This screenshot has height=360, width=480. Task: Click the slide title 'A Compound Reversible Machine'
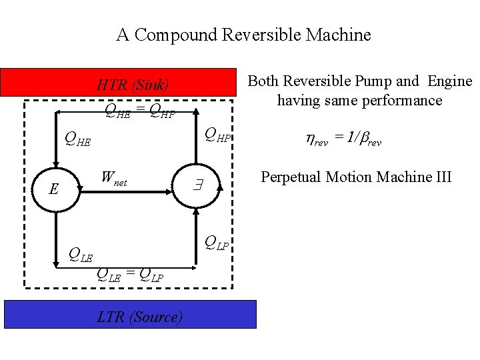pyautogui.click(x=243, y=35)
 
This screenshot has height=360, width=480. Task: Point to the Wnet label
pyautogui.click(x=113, y=179)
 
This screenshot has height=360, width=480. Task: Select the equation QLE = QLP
pyautogui.click(x=130, y=273)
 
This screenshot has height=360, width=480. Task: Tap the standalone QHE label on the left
pyautogui.click(x=77, y=139)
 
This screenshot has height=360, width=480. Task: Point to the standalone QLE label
pyautogui.click(x=81, y=253)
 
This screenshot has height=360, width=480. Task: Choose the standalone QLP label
pyautogui.click(x=217, y=242)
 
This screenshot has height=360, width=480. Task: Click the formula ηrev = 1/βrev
pyautogui.click(x=343, y=139)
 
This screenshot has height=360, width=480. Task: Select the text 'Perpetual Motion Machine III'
pyautogui.click(x=356, y=177)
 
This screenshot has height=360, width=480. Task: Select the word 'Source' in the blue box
pyautogui.click(x=155, y=317)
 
